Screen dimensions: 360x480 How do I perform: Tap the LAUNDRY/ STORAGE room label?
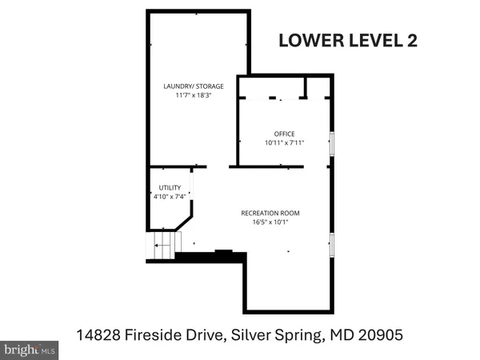pos(194,86)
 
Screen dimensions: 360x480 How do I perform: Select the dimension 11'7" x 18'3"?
pos(194,96)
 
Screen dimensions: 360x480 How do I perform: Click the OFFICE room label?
pos(285,134)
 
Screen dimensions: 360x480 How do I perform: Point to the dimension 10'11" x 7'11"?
pos(285,144)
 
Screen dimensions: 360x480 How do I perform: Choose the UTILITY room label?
pos(170,187)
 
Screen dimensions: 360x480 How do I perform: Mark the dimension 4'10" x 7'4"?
pos(170,197)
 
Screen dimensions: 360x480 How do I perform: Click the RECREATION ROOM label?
pos(270,213)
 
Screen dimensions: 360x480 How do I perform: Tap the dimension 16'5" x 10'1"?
pos(270,223)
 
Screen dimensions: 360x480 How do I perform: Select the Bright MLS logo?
pos(30,349)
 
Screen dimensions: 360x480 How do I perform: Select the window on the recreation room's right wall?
pos(333,244)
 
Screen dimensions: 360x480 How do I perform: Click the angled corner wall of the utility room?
pos(186,220)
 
